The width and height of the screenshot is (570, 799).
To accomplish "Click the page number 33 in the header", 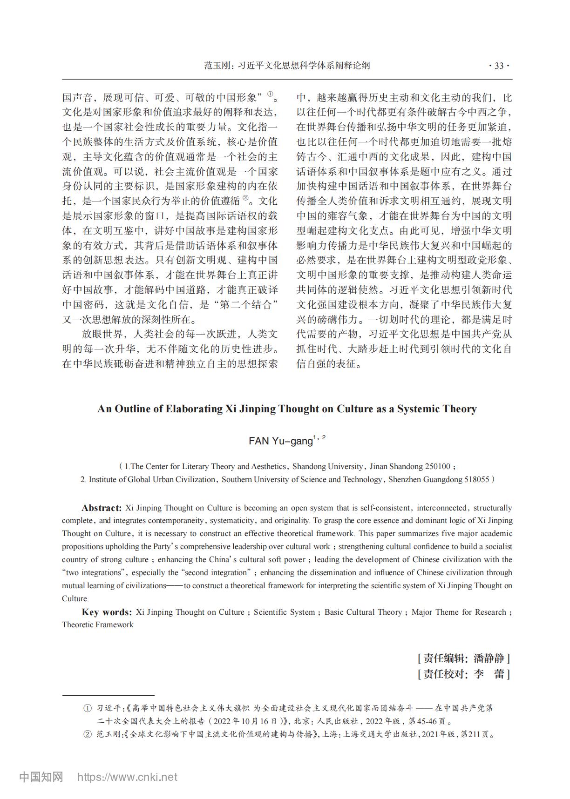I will pyautogui.click(x=499, y=66).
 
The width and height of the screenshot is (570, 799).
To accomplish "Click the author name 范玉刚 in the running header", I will pyautogui.click(x=217, y=66).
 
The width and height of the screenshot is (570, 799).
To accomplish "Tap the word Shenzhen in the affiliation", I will pyautogui.click(x=404, y=479).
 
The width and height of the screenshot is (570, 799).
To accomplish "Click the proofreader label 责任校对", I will pyautogui.click(x=443, y=674).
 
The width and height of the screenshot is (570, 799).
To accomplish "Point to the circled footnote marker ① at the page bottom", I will pyautogui.click(x=87, y=709).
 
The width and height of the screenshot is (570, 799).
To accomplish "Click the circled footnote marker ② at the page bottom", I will pyautogui.click(x=87, y=735).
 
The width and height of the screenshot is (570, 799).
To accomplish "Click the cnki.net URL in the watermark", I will pyautogui.click(x=127, y=777).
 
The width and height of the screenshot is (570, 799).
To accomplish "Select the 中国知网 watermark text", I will pyautogui.click(x=41, y=777).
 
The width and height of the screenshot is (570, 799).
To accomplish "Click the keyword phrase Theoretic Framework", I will pyautogui.click(x=98, y=625).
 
